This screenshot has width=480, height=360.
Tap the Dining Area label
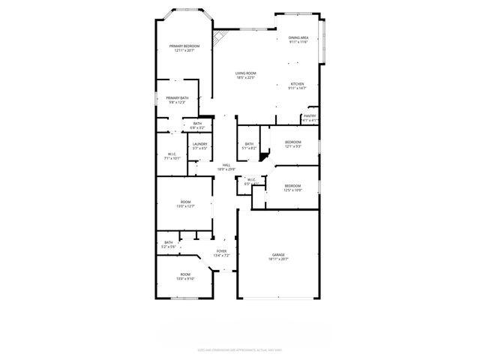point(298,40)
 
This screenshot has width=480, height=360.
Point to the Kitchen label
point(297,86)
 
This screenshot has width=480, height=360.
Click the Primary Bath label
point(178,100)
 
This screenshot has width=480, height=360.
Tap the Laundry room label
point(199,146)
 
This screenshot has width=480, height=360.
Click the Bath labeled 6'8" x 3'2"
point(197,126)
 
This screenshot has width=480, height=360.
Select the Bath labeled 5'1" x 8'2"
point(249,146)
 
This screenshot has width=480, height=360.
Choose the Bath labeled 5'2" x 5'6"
point(169,244)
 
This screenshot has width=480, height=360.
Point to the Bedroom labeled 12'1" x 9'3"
point(292,144)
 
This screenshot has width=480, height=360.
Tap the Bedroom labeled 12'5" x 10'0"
point(292,187)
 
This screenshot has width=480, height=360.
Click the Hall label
point(226,167)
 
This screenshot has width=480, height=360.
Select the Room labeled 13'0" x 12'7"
point(185,205)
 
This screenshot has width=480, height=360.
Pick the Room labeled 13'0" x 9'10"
point(185,277)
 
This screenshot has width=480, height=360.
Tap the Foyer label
point(222,253)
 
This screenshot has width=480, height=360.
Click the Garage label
point(279,257)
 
